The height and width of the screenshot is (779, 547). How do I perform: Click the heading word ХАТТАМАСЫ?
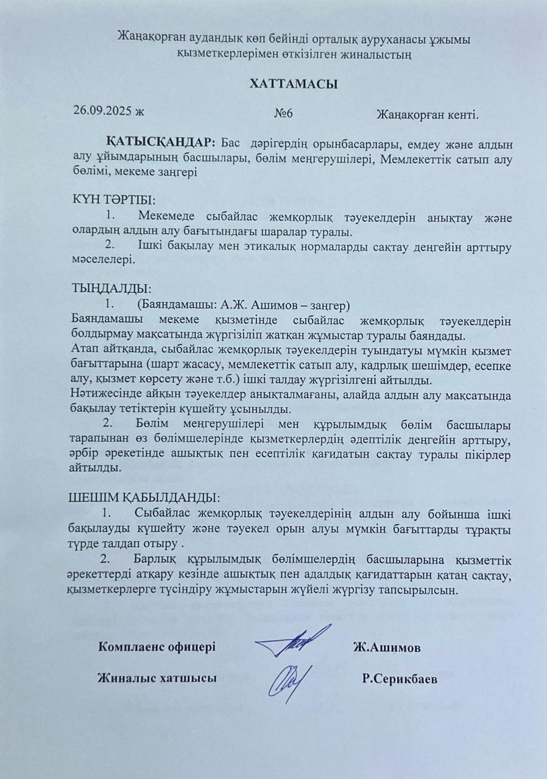pos(293,83)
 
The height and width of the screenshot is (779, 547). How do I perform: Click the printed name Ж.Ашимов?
pos(386,648)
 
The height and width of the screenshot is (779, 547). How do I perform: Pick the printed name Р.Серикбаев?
pos(398,679)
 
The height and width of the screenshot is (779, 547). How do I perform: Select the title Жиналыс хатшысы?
pos(158,678)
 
